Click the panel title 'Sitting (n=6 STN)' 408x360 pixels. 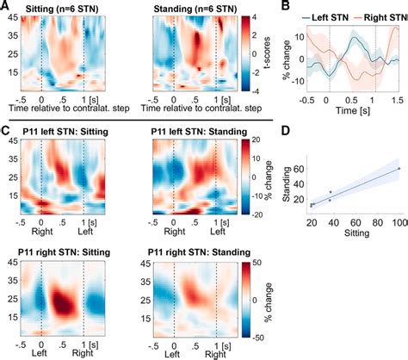(x=62, y=9)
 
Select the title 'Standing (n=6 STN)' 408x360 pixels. (x=195, y=9)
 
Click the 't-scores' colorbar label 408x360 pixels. (x=267, y=53)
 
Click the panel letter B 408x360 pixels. (x=286, y=6)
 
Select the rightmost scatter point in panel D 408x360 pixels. (x=399, y=169)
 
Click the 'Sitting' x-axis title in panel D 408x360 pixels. (x=357, y=233)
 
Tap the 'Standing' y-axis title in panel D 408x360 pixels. (x=286, y=183)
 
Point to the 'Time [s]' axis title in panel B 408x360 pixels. (x=353, y=110)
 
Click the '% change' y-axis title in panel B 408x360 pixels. (x=287, y=59)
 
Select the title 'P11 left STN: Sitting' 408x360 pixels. (x=65, y=132)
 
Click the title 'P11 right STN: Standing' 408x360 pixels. (x=199, y=252)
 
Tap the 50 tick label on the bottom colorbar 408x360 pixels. (x=257, y=264)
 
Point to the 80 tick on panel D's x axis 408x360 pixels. (x=377, y=222)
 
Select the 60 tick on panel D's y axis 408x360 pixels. (x=299, y=169)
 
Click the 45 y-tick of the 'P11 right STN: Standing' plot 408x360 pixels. (x=145, y=264)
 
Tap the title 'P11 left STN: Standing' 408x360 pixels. (x=199, y=132)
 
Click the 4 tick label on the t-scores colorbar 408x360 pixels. (x=255, y=17)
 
